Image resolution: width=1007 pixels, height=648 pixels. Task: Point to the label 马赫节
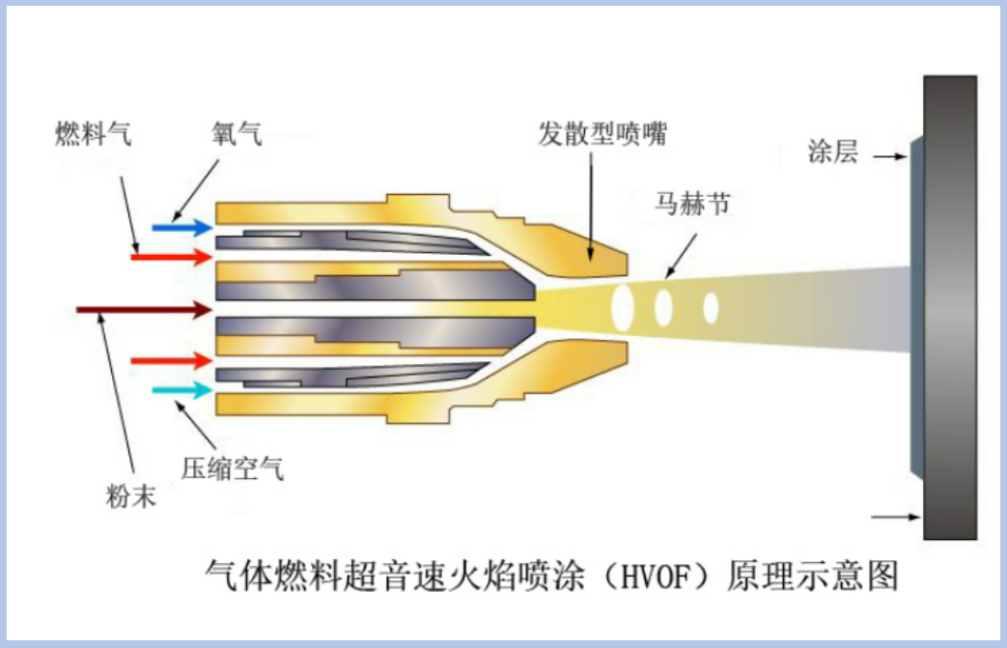691,205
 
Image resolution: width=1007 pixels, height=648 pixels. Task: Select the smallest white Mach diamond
711,307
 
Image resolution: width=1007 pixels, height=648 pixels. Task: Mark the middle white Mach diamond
663,307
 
